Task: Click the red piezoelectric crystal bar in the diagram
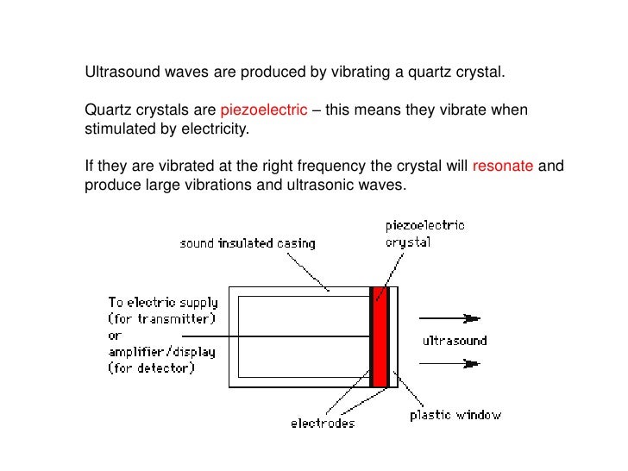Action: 380,336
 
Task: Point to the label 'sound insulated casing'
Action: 247,243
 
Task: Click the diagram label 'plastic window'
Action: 455,415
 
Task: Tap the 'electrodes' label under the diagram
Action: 323,424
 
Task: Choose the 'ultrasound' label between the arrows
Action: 454,341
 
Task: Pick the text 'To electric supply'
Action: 163,303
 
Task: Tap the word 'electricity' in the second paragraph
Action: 216,130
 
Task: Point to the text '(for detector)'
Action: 152,368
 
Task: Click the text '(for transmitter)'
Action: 161,319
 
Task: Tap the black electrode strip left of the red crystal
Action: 372,336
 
